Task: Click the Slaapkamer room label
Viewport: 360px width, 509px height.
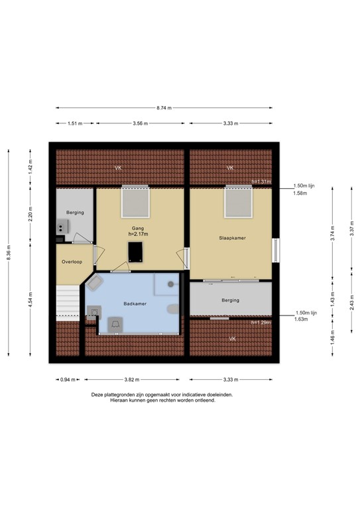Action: click(230, 237)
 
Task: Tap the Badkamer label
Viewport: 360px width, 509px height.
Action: click(135, 304)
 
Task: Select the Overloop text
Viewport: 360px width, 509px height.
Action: click(71, 262)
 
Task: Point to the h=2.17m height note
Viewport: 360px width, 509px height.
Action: click(137, 234)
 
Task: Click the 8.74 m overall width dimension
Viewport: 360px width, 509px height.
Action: click(164, 107)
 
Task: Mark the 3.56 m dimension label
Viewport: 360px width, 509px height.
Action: click(139, 123)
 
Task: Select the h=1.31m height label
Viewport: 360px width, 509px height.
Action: click(262, 182)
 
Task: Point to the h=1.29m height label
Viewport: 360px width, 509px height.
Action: click(262, 322)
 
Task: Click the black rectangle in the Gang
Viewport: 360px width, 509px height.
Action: click(136, 252)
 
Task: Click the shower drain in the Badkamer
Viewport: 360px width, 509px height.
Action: click(170, 284)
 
